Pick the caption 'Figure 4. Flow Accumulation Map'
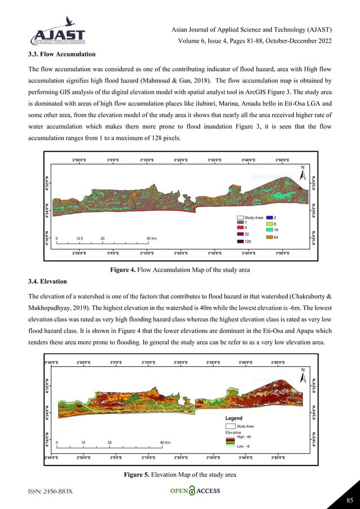180,270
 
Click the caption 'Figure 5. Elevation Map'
180,475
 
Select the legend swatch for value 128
240,242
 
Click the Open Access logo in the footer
195,491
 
